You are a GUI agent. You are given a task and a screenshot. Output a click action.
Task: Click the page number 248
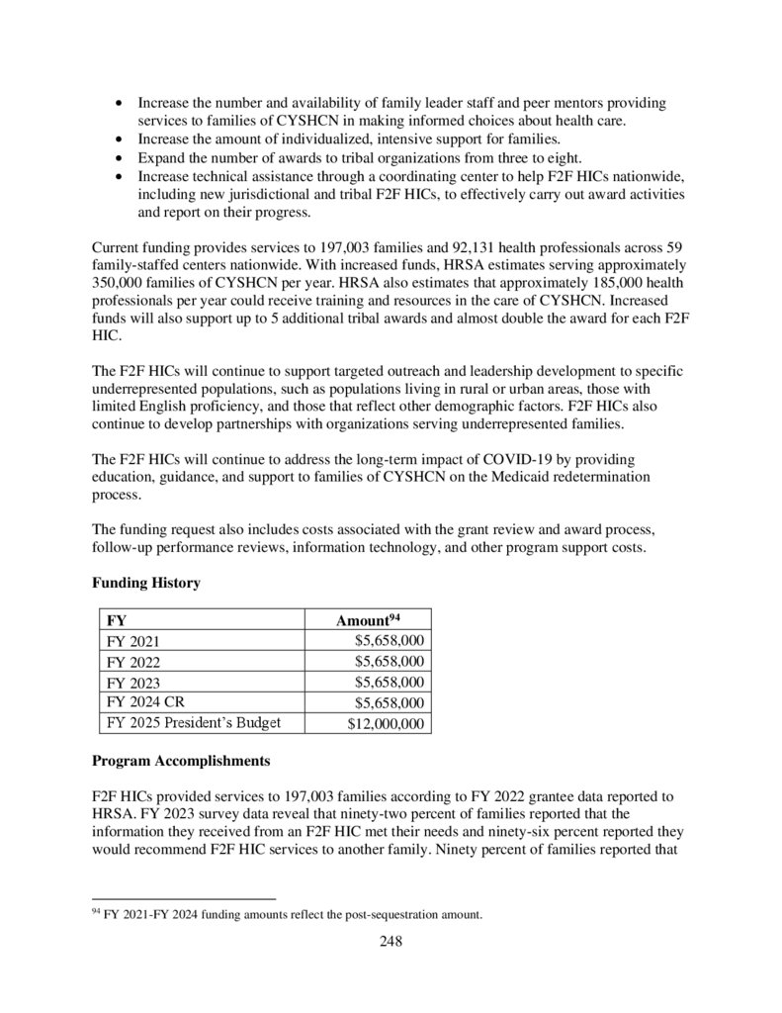point(391,941)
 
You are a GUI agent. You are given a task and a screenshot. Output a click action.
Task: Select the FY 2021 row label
point(132,641)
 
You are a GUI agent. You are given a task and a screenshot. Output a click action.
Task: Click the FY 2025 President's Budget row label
point(193,722)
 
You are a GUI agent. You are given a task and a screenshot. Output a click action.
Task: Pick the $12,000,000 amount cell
point(386,723)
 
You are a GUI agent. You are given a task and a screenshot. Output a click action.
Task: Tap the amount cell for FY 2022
point(390,661)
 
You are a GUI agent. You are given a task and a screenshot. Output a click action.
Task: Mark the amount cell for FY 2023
point(390,682)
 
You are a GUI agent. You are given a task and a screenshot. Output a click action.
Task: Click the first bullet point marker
point(120,103)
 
